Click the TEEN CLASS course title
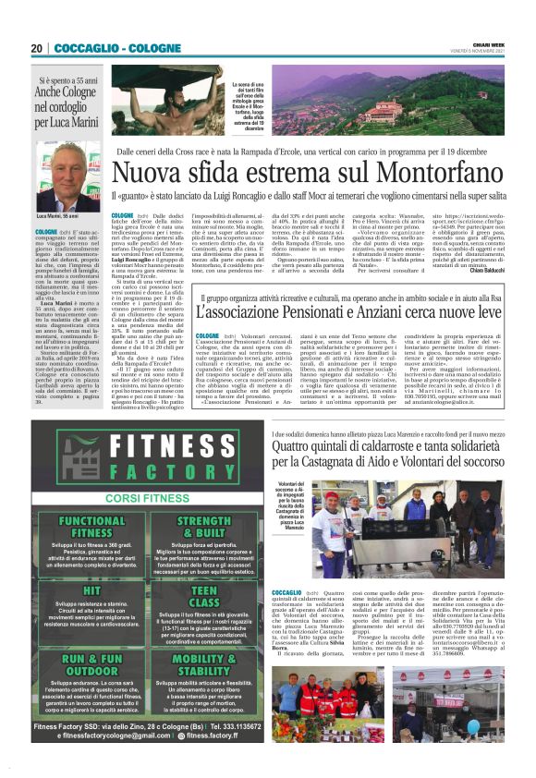[204, 596]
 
